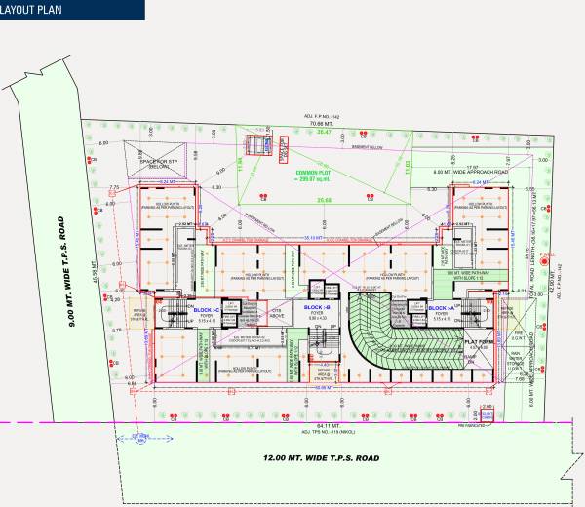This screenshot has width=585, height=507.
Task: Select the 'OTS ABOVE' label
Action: click(276, 315)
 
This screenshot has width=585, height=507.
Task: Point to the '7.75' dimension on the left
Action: click(113, 187)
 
